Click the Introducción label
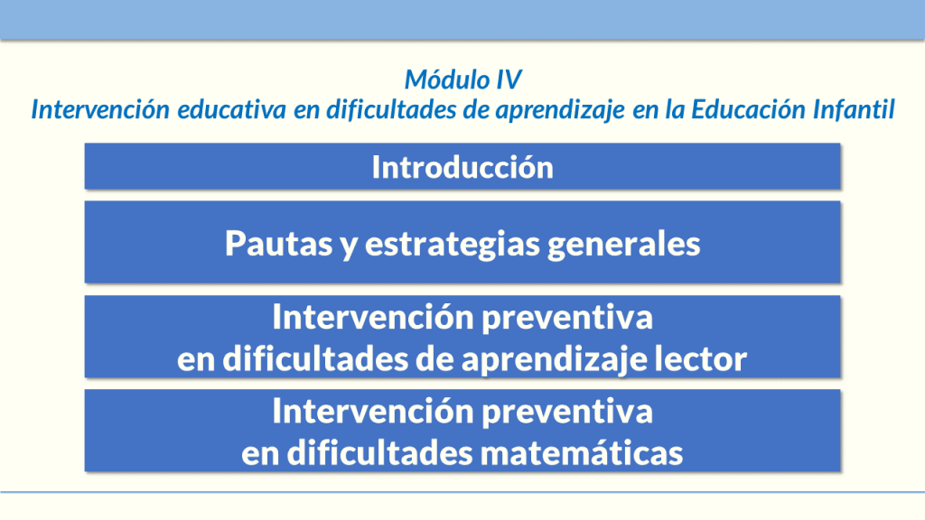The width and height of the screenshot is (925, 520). pyautogui.click(x=462, y=167)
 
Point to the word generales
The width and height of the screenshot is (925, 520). pyautogui.click(x=629, y=245)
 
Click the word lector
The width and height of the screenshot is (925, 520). pyautogui.click(x=700, y=360)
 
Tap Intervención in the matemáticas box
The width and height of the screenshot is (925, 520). pyautogui.click(x=373, y=412)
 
